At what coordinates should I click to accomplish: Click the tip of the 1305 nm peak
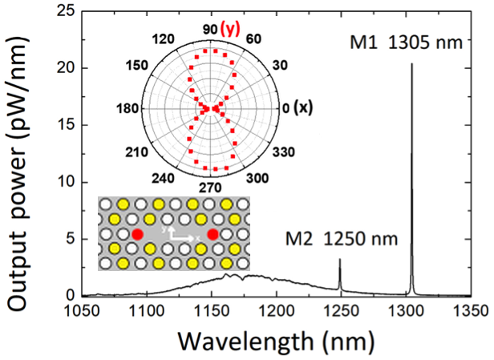411,65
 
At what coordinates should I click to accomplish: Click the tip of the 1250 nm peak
340,260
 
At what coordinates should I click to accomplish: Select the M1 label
365,41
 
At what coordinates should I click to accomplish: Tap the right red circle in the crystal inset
213,234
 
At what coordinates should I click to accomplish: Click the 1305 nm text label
426,41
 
